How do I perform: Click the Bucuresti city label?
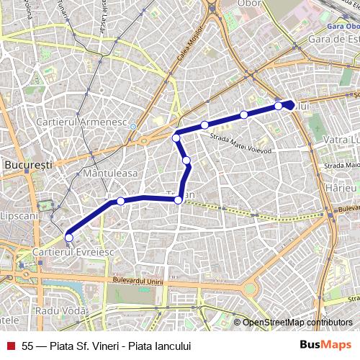pos(28,165)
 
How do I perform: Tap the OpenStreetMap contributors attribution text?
pos(297,322)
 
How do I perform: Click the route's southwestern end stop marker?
pos(69,237)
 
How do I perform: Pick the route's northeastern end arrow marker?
pos(289,105)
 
